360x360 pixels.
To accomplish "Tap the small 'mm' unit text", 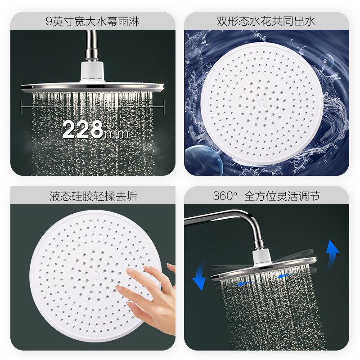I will [x=116, y=133].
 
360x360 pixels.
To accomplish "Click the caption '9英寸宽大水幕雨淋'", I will [x=93, y=21].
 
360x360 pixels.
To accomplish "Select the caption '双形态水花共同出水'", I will [x=266, y=21].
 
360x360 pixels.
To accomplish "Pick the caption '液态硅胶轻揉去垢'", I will [x=93, y=196].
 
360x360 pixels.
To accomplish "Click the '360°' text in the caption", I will [x=225, y=196].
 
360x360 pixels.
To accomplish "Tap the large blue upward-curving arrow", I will [x=333, y=253].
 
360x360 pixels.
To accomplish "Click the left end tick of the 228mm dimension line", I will [x=22, y=106].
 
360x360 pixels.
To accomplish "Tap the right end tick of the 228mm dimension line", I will [x=164, y=106].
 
